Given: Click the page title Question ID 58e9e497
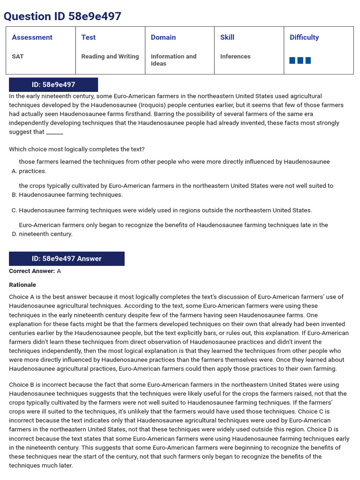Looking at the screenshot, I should click(x=62, y=16).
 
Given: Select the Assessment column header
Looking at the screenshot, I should click(x=32, y=37).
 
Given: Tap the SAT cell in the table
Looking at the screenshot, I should click(x=18, y=56).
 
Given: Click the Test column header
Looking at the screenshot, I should click(x=88, y=37).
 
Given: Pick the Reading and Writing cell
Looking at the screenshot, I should click(x=110, y=56).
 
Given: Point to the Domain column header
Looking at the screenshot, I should click(x=163, y=37).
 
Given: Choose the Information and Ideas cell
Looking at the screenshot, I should click(x=173, y=60).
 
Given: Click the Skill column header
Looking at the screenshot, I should click(x=227, y=37).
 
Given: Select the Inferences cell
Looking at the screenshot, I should click(x=235, y=56).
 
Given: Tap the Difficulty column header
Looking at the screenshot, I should click(x=304, y=37).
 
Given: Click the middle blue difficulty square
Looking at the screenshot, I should click(x=300, y=60).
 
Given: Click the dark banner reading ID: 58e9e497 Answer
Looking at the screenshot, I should click(x=67, y=259).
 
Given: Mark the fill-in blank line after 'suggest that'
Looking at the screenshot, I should click(x=54, y=132).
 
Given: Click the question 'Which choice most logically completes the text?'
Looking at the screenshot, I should click(x=77, y=150).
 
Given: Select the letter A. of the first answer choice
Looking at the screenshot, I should click(x=14, y=171).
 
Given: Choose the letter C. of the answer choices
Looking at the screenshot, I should click(x=14, y=210).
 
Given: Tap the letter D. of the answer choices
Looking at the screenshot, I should click(x=14, y=234).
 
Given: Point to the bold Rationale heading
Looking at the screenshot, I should click(x=22, y=285).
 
